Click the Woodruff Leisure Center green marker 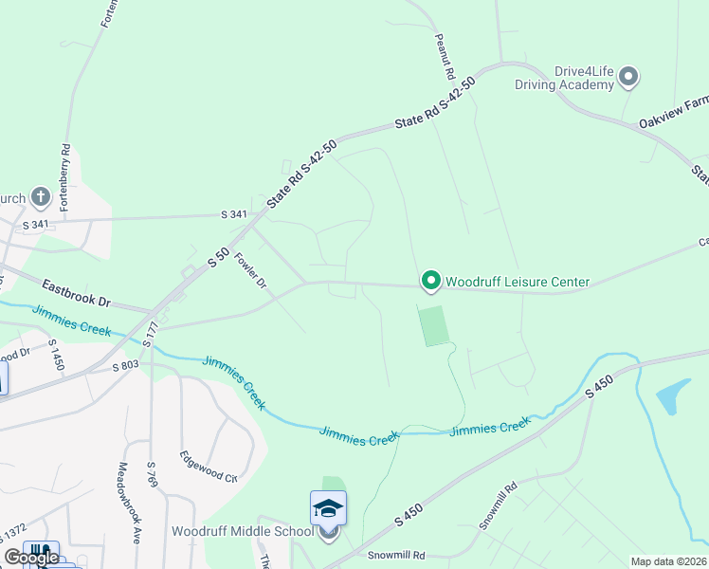(x=430, y=281)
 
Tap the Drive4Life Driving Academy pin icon (x=629, y=77)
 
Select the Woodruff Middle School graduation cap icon (x=328, y=507)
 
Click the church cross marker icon (x=40, y=197)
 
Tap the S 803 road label (x=125, y=365)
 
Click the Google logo (x=31, y=558)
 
